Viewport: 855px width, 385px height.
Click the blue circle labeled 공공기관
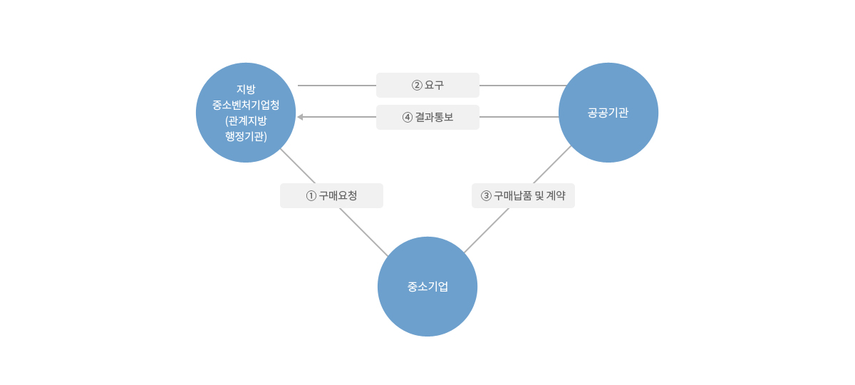(x=608, y=113)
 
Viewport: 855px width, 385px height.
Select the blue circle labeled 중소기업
(x=427, y=287)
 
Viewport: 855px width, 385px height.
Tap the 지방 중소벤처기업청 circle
(x=246, y=113)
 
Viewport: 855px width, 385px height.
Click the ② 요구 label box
(x=428, y=85)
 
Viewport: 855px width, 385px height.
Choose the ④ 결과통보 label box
(x=428, y=117)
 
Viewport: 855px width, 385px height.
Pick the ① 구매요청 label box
(x=332, y=195)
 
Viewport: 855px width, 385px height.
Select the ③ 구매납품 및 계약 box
(x=523, y=195)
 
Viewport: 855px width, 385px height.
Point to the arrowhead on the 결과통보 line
(x=300, y=117)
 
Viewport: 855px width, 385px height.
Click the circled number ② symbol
(x=417, y=85)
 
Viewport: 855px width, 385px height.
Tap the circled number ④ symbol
(x=408, y=117)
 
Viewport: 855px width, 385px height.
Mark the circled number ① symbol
(x=311, y=196)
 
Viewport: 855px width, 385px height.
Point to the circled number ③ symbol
(x=486, y=196)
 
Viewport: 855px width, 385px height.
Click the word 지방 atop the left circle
(x=246, y=89)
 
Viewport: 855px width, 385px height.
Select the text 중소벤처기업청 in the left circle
(x=246, y=105)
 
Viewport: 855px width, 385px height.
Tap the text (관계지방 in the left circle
(x=246, y=120)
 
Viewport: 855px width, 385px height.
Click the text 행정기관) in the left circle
(x=246, y=136)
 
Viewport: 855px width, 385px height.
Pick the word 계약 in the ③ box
(x=556, y=195)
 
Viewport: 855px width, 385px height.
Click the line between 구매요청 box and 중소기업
(x=364, y=232)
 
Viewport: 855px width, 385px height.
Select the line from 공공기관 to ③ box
(x=552, y=165)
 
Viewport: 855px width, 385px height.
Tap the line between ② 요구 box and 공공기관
(x=523, y=86)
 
